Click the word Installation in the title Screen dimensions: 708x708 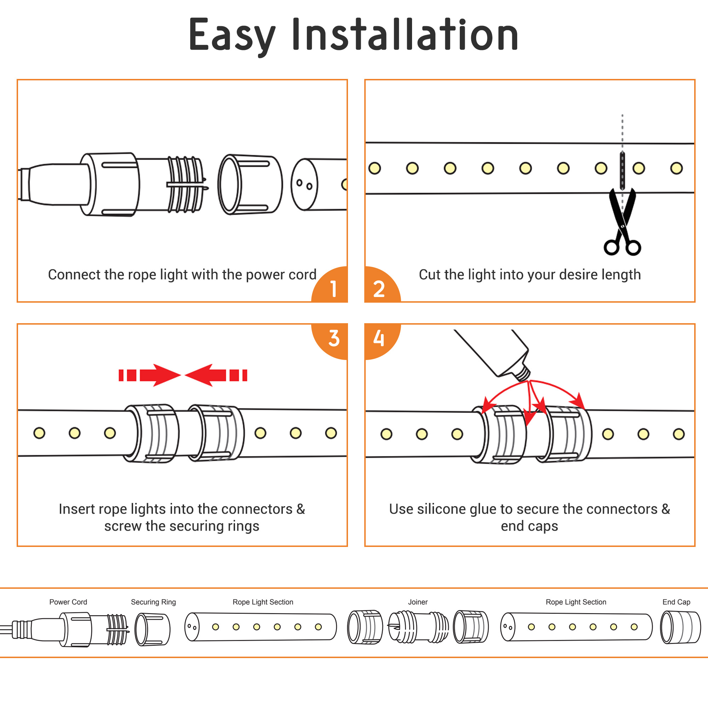405,35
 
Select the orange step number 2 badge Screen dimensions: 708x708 379,288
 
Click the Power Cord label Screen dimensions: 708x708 68,602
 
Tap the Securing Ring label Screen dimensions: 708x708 153,602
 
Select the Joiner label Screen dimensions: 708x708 418,602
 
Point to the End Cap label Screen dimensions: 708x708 676,602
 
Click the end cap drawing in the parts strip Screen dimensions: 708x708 680,627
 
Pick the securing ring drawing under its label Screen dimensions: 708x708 153,629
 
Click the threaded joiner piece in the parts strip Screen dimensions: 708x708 418,627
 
